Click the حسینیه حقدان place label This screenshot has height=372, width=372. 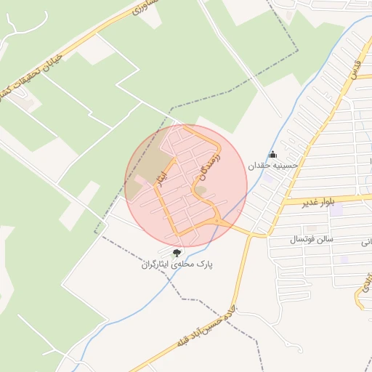[274, 166]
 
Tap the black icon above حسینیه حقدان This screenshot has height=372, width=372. [273, 154]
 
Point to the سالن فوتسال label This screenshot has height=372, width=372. [311, 238]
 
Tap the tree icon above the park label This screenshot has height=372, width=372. [177, 253]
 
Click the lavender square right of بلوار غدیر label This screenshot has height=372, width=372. [336, 211]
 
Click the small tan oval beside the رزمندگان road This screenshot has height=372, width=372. [201, 191]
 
